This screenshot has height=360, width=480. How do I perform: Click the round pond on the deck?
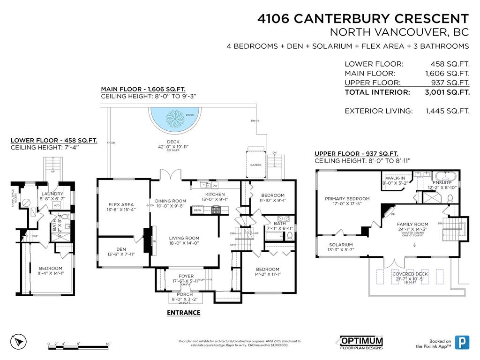174,120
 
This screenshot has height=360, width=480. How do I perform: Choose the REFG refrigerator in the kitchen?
197,210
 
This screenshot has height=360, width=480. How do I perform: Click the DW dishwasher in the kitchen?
215,186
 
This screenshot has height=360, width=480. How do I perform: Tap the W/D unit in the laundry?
56,205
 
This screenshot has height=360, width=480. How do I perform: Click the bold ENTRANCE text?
184,313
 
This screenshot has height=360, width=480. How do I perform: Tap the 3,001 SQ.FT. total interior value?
448,92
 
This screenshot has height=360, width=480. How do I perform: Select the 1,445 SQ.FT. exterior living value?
448,111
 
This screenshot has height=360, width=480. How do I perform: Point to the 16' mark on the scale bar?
108,344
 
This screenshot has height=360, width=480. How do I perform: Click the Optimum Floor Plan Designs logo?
361,343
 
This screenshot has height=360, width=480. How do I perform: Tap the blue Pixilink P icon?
463,343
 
